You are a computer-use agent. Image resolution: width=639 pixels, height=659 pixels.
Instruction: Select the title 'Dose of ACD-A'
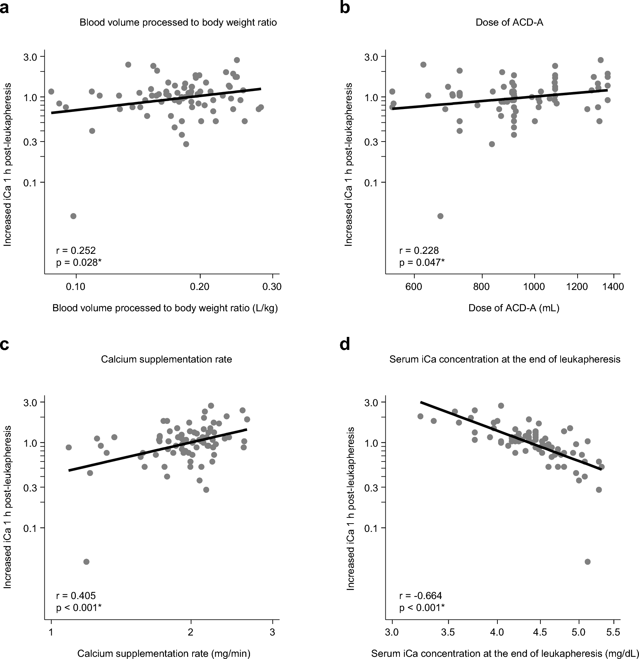[509, 22]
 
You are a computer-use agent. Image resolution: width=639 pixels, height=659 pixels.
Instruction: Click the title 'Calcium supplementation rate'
[166, 359]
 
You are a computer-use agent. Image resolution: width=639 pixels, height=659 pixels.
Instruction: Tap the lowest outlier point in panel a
[73, 216]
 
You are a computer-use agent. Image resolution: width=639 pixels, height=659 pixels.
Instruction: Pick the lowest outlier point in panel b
[440, 216]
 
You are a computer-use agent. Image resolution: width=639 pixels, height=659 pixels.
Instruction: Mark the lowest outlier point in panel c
[86, 562]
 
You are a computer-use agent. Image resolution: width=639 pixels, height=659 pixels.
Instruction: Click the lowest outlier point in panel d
[587, 562]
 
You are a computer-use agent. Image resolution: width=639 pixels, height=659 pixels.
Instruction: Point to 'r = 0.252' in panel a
[76, 250]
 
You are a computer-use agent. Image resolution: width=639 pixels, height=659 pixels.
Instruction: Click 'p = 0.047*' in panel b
[422, 263]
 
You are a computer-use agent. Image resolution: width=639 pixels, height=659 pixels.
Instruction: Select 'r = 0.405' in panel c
[76, 595]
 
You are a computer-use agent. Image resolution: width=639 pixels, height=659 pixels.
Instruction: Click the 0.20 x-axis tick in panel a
[199, 287]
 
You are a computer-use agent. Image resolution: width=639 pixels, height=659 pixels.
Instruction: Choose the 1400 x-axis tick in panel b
[613, 287]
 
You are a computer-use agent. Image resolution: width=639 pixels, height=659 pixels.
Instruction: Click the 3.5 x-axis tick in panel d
[448, 632]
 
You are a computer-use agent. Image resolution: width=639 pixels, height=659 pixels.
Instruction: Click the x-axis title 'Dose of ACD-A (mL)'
[514, 308]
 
